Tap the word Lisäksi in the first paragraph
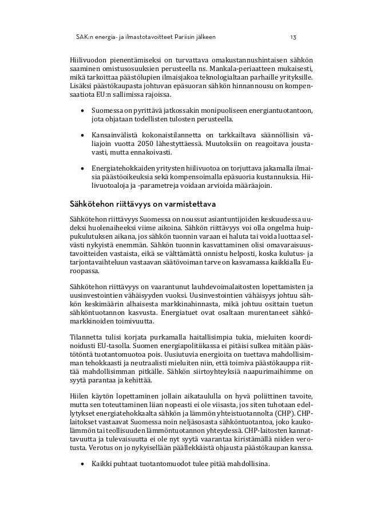(81, 86)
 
